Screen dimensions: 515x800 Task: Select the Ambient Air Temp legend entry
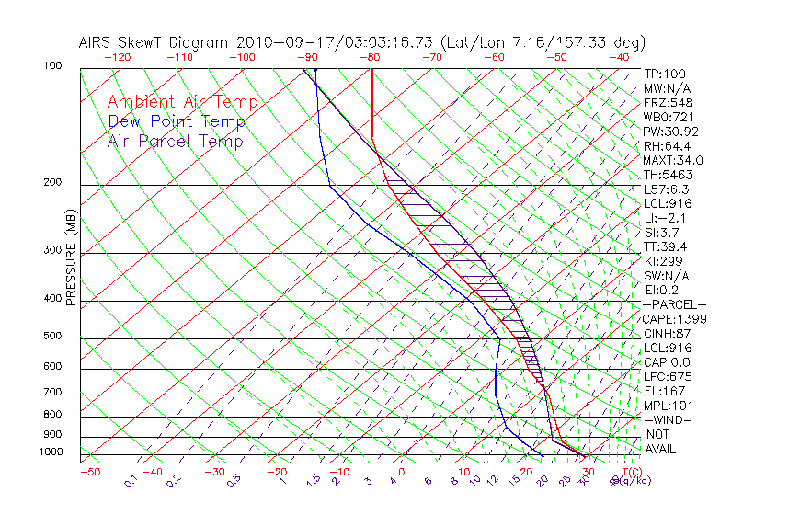click(182, 102)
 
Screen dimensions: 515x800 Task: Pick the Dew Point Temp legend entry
click(177, 121)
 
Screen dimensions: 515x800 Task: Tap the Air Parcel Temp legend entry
click(175, 141)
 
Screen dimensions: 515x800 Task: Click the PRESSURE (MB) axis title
click(71, 260)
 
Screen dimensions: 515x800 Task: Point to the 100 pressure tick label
click(51, 66)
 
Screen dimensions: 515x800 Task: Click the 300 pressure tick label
click(51, 249)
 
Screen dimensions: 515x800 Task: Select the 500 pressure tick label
click(51, 336)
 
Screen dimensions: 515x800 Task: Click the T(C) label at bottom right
click(628, 472)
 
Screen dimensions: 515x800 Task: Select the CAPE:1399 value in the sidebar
click(674, 319)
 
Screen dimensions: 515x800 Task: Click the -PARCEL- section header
click(675, 304)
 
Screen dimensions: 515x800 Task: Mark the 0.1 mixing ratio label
click(131, 481)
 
